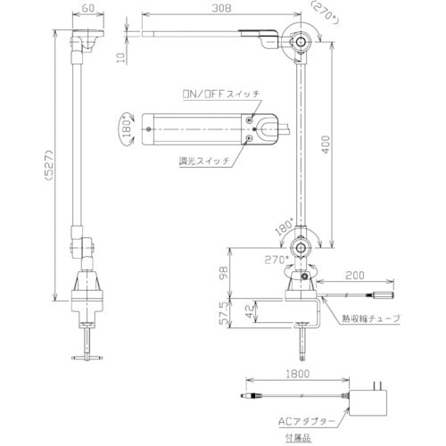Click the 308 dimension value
221,8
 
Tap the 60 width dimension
88,8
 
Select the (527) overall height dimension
48,165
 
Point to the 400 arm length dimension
326,145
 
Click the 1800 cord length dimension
298,374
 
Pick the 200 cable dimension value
355,276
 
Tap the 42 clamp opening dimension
251,311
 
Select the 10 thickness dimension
120,57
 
